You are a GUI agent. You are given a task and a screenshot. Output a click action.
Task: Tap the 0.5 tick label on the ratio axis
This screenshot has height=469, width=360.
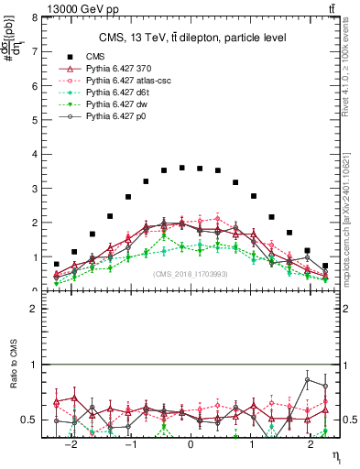28,420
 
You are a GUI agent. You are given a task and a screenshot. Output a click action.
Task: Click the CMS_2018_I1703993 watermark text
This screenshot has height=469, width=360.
191,273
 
